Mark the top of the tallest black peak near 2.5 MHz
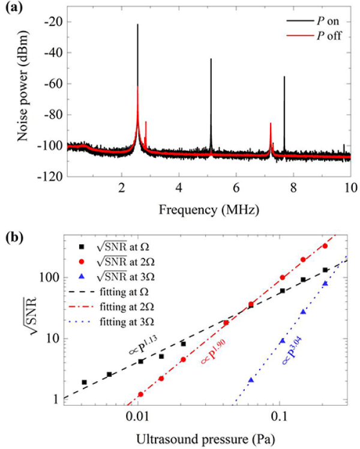coord(137,25)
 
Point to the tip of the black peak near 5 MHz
coord(211,59)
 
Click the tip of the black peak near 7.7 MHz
coord(284,77)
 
